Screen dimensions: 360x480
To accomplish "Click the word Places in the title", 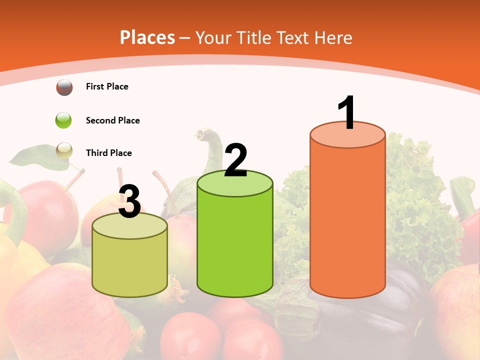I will tap(147, 37).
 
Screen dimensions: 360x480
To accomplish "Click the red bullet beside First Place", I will tap(64, 87).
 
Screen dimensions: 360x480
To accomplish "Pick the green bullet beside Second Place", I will tap(64, 120).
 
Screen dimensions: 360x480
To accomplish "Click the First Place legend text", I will tap(107, 86).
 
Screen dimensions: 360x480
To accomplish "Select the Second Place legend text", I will tap(112, 120).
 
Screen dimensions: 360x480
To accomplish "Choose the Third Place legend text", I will tap(108, 153).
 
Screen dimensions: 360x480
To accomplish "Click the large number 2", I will tap(235, 160).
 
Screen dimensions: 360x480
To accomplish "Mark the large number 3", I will tap(130, 201).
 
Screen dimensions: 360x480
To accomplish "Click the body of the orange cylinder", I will tap(347, 220).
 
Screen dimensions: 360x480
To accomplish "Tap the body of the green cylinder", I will tap(235, 245).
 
